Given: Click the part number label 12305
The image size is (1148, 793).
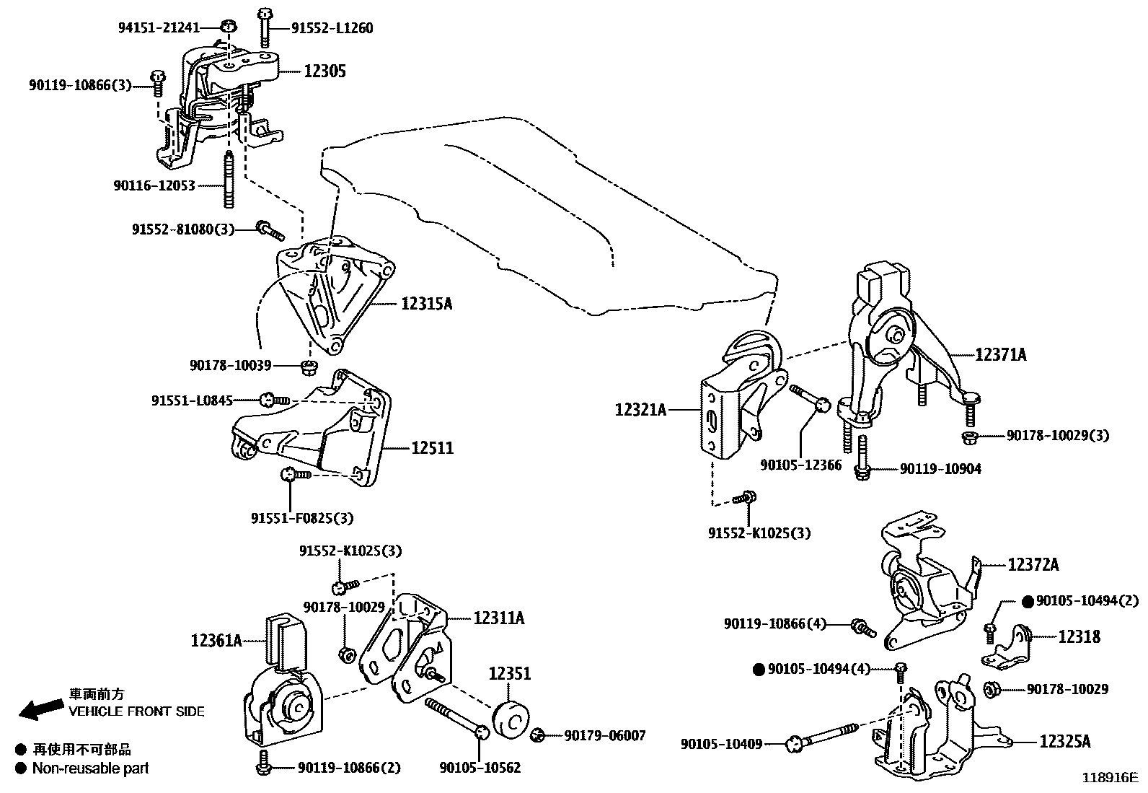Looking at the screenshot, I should click(324, 71).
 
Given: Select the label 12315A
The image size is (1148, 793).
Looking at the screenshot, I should click(427, 304).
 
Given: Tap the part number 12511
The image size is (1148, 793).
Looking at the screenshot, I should click(432, 448).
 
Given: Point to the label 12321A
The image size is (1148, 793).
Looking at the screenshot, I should click(640, 410).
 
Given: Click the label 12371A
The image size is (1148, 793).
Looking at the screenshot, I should click(1001, 354).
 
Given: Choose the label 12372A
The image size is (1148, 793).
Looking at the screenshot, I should click(1033, 565).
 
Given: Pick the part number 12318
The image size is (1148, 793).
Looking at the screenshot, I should click(1079, 636).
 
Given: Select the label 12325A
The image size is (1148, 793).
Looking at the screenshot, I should click(1064, 741).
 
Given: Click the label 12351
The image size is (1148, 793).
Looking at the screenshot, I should click(509, 674).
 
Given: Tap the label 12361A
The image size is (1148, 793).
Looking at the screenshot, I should click(216, 640).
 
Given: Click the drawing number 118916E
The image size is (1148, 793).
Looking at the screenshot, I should click(1109, 778).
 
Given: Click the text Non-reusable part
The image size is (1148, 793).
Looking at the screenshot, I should click(90, 768).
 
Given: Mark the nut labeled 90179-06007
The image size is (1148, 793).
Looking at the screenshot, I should click(537, 735).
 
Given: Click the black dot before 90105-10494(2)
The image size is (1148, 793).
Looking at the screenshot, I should click(1028, 601).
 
